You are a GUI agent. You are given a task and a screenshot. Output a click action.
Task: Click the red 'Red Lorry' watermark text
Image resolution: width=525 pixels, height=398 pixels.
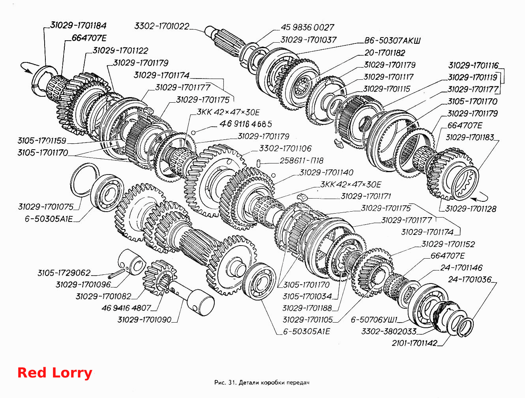[x=55, y=373]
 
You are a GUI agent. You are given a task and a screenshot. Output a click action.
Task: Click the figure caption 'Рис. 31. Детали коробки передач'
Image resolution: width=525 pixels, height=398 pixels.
[x=262, y=383]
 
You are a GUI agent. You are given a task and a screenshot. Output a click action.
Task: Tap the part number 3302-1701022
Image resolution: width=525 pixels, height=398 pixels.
[x=162, y=26]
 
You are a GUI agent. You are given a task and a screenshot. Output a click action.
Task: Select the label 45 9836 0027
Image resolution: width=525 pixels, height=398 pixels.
[x=307, y=27]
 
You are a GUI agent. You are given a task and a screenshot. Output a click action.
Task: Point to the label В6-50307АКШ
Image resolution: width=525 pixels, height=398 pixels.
[x=392, y=40]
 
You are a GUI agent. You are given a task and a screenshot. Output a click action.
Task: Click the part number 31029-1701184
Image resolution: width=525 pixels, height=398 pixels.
[x=79, y=26]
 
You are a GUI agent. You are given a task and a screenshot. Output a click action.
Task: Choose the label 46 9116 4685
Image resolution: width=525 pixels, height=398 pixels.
[x=246, y=124]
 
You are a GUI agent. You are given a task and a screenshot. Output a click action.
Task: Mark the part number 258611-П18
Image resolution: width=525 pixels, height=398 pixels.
[x=301, y=160]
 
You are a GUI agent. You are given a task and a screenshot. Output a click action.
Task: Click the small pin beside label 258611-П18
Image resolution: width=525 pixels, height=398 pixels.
[x=259, y=163]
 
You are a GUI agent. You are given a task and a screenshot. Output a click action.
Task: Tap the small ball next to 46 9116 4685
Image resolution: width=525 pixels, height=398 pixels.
[x=194, y=133]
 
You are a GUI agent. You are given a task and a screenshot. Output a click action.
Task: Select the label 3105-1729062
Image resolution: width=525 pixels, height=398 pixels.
[x=64, y=273]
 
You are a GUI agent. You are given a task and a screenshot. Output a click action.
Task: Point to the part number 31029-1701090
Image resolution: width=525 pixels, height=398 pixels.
[x=144, y=319]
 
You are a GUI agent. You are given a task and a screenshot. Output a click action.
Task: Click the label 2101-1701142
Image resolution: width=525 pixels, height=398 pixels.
[x=414, y=343]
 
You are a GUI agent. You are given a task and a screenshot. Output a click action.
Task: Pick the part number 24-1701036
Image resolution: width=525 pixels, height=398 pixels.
[x=470, y=280]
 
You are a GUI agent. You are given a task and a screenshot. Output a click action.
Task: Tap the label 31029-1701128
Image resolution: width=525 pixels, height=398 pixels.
[x=471, y=209]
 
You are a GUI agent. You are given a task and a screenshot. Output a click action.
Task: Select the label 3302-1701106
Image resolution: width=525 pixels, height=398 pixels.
[x=285, y=148]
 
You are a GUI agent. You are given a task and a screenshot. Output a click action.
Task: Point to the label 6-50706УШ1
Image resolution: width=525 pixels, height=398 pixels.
[x=374, y=319]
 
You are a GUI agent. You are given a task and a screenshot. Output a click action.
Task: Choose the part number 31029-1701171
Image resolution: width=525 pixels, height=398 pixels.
[x=366, y=196]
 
